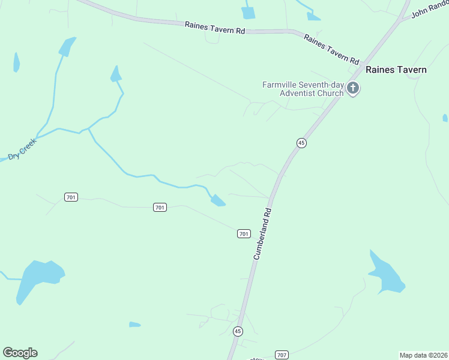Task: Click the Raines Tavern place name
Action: (396, 70)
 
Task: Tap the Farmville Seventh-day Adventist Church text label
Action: (303, 89)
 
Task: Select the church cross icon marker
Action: (353, 89)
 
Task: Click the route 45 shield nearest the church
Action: (301, 142)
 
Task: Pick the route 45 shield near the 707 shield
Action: (238, 331)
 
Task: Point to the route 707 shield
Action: (281, 355)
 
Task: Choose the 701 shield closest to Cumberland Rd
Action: (244, 233)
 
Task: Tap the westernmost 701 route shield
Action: (71, 197)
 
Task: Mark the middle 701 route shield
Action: (159, 207)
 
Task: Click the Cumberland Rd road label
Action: (263, 233)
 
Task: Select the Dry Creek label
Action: (22, 149)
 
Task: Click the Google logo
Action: (20, 353)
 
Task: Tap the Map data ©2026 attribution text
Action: (423, 355)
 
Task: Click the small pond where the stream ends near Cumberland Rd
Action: (218, 200)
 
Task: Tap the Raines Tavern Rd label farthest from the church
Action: (215, 28)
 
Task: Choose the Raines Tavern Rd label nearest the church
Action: (331, 49)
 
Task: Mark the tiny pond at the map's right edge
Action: (445, 118)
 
